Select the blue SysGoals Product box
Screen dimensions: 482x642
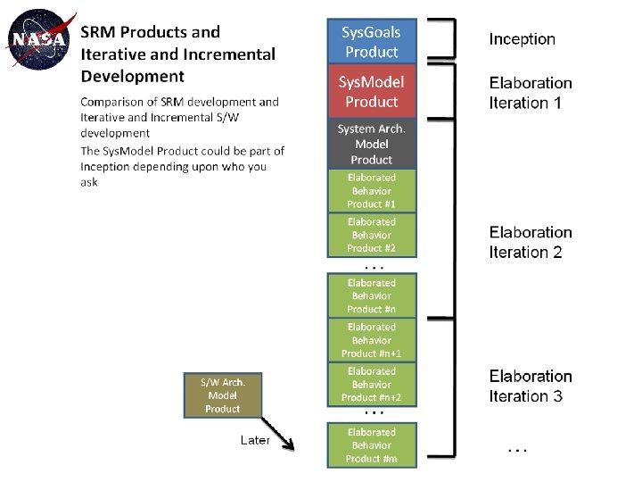[x=371, y=41]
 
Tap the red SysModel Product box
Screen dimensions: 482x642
[x=371, y=91]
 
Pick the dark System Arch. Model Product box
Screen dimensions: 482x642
[x=371, y=144]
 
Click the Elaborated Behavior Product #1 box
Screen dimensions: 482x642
[x=371, y=191]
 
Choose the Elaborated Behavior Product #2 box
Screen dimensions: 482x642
[x=371, y=235]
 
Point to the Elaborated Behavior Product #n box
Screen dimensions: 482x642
[x=371, y=295]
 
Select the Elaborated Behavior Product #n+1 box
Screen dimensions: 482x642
[x=371, y=340]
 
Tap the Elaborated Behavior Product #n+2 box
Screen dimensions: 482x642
[x=371, y=384]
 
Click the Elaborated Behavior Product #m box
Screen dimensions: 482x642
[x=371, y=445]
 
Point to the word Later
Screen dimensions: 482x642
[x=255, y=440]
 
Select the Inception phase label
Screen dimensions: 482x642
[x=522, y=39]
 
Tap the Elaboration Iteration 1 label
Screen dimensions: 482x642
[x=531, y=93]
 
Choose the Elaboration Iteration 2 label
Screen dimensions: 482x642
[x=531, y=242]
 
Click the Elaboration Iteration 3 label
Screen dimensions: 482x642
[x=531, y=386]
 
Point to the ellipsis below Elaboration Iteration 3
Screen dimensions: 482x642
[x=516, y=450]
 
